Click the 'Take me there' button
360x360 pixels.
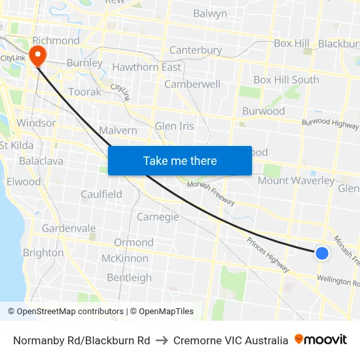pos(179,161)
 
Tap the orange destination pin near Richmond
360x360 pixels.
pos(37,54)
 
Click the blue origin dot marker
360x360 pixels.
pos(321,253)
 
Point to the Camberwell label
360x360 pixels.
pos(192,84)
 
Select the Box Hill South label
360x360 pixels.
pos(286,80)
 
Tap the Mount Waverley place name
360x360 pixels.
pos(296,181)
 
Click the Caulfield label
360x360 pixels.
pos(101,194)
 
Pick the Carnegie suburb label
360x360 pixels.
pos(158,217)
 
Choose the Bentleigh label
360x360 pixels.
pos(129,278)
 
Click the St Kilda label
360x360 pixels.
pos(17,145)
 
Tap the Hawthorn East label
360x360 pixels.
pos(147,67)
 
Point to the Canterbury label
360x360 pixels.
pos(195,50)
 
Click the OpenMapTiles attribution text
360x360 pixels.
pos(162,312)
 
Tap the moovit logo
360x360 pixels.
pos(321,340)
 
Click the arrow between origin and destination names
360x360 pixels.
pos(162,340)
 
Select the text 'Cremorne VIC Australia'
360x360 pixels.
pos(230,340)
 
